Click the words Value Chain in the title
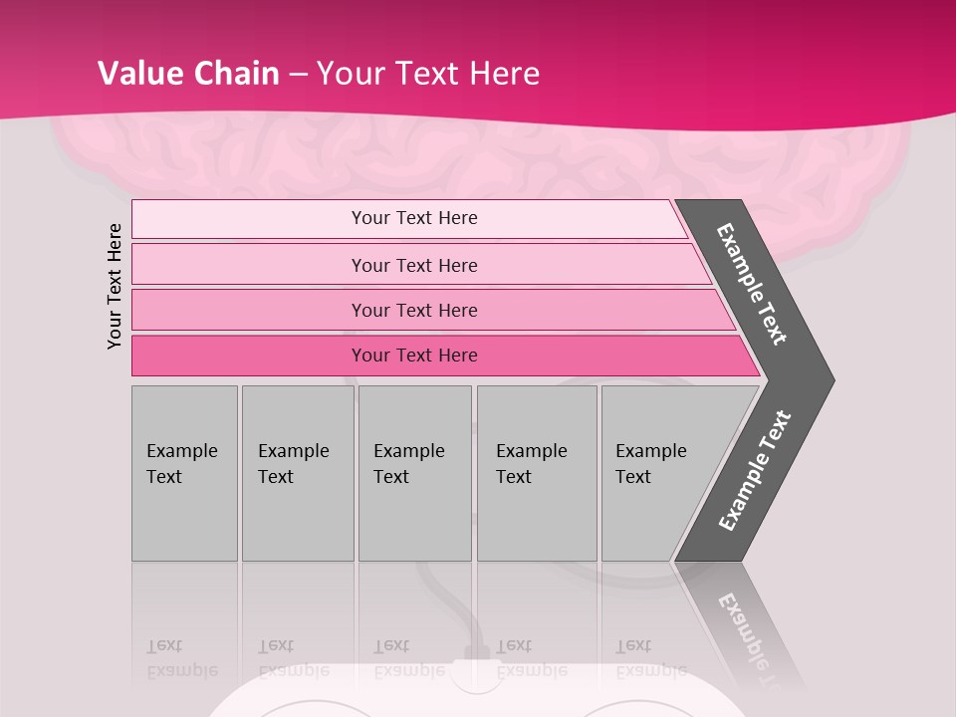coord(188,74)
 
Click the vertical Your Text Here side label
coord(115,286)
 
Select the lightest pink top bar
coord(249,219)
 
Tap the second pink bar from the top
coord(249,265)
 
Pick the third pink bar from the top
coord(249,310)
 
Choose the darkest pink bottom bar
coord(249,356)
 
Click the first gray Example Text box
coord(184,518)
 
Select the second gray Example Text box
coord(298,518)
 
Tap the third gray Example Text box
coord(414,518)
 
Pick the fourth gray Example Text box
coord(537,518)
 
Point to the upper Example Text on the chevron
coord(753,284)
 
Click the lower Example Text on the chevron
coord(755,470)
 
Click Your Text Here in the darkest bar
coord(414,356)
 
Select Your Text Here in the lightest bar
coord(414,218)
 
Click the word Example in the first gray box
coord(181,451)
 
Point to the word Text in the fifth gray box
coord(633,477)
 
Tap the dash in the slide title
coord(298,75)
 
